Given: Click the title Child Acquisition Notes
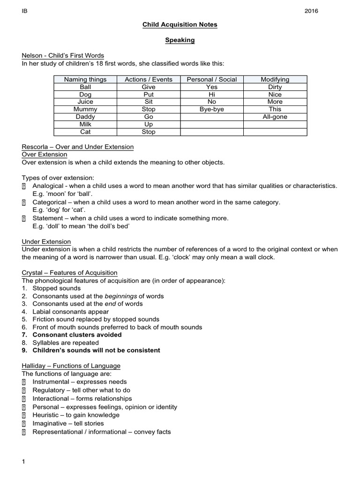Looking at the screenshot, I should click(180, 24).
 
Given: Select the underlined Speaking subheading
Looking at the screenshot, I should click(180, 40).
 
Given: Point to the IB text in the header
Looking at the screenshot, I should click(25, 11).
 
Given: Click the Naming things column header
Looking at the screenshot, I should click(85, 80).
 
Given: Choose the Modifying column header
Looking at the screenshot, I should click(275, 80).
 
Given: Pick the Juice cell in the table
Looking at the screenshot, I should click(85, 102).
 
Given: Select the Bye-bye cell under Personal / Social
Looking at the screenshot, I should click(212, 109).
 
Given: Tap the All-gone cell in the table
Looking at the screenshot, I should click(275, 117).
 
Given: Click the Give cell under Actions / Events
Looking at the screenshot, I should click(148, 87).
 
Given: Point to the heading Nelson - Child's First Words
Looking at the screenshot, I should click(63, 56).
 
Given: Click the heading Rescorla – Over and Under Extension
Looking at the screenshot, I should click(78, 147).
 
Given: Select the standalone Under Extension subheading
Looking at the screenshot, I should click(46, 242).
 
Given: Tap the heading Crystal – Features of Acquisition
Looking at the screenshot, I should click(70, 273).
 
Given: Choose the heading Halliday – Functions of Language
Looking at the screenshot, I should click(71, 366).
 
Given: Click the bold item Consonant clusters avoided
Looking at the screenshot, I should click(77, 335).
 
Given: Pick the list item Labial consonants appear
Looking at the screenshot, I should click(70, 312).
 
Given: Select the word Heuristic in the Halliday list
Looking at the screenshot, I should click(45, 415).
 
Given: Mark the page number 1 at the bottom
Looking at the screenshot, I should click(23, 462).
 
